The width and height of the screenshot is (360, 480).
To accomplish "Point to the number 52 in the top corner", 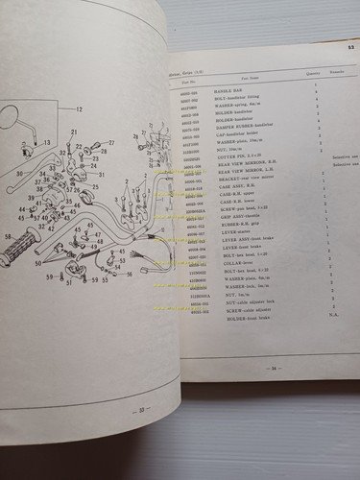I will coord(350,45).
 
